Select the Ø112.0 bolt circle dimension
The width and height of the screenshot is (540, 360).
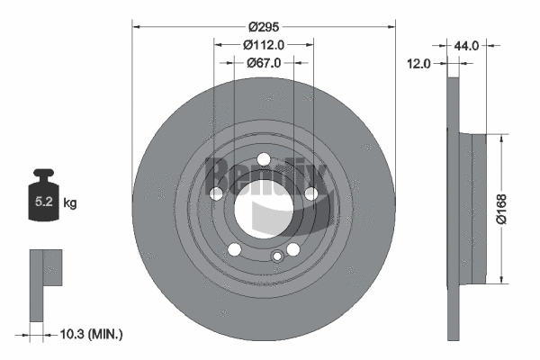[x=264, y=44]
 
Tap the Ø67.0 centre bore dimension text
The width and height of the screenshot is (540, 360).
[x=264, y=63]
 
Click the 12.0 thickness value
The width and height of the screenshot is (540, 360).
[x=419, y=63]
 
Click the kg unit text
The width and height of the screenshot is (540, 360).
[x=70, y=203]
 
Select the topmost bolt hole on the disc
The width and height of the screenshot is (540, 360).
[x=264, y=161]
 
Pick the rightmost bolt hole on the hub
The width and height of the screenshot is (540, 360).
[x=310, y=194]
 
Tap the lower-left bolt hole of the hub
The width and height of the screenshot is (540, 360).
[x=234, y=250]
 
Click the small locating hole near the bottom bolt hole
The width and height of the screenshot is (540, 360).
[x=277, y=258]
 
